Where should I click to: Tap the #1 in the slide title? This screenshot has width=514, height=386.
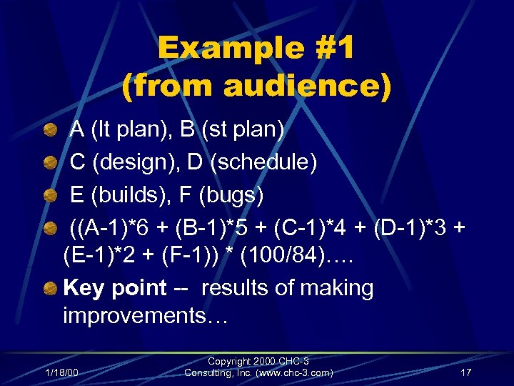(328, 49)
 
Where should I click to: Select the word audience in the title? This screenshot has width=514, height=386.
(308, 86)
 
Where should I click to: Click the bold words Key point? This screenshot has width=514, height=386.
(114, 288)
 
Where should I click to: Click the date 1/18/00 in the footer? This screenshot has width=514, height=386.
(61, 372)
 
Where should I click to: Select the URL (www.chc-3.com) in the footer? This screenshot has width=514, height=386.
(292, 372)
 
